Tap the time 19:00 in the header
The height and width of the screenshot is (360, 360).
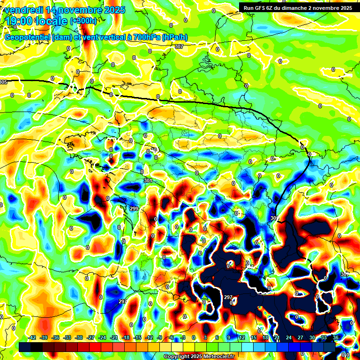point(20,21)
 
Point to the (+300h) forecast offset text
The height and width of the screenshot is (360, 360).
point(83,21)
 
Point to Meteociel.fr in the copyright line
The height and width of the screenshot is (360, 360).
point(217,357)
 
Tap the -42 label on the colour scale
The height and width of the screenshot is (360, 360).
point(32,338)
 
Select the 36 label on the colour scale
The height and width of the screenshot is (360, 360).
point(336,338)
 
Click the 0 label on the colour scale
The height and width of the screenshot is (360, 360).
point(194,338)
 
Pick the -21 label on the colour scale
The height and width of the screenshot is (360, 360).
point(114,338)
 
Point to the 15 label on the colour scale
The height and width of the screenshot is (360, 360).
point(253,338)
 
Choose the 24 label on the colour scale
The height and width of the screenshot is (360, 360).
point(289,338)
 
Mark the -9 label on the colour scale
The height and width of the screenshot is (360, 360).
point(159,338)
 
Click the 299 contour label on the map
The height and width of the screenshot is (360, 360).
point(134,209)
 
